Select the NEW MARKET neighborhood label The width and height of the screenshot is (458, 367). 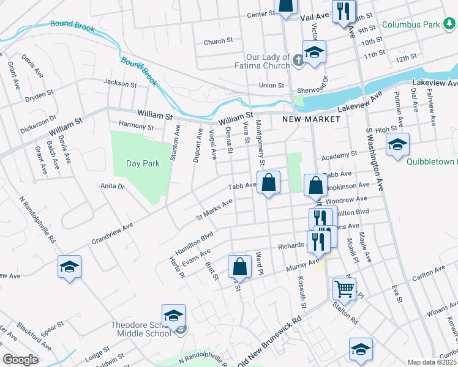coord(311,119)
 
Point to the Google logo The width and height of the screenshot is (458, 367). coord(21,360)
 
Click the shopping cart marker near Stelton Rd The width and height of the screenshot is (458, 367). coord(345,288)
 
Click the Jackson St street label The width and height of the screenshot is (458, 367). coord(119,83)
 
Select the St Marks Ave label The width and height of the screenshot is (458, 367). coord(214,210)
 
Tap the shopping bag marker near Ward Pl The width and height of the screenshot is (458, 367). coord(239,266)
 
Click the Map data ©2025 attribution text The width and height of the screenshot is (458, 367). coord(432,362)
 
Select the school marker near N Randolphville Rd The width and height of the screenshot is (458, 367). coord(69,267)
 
